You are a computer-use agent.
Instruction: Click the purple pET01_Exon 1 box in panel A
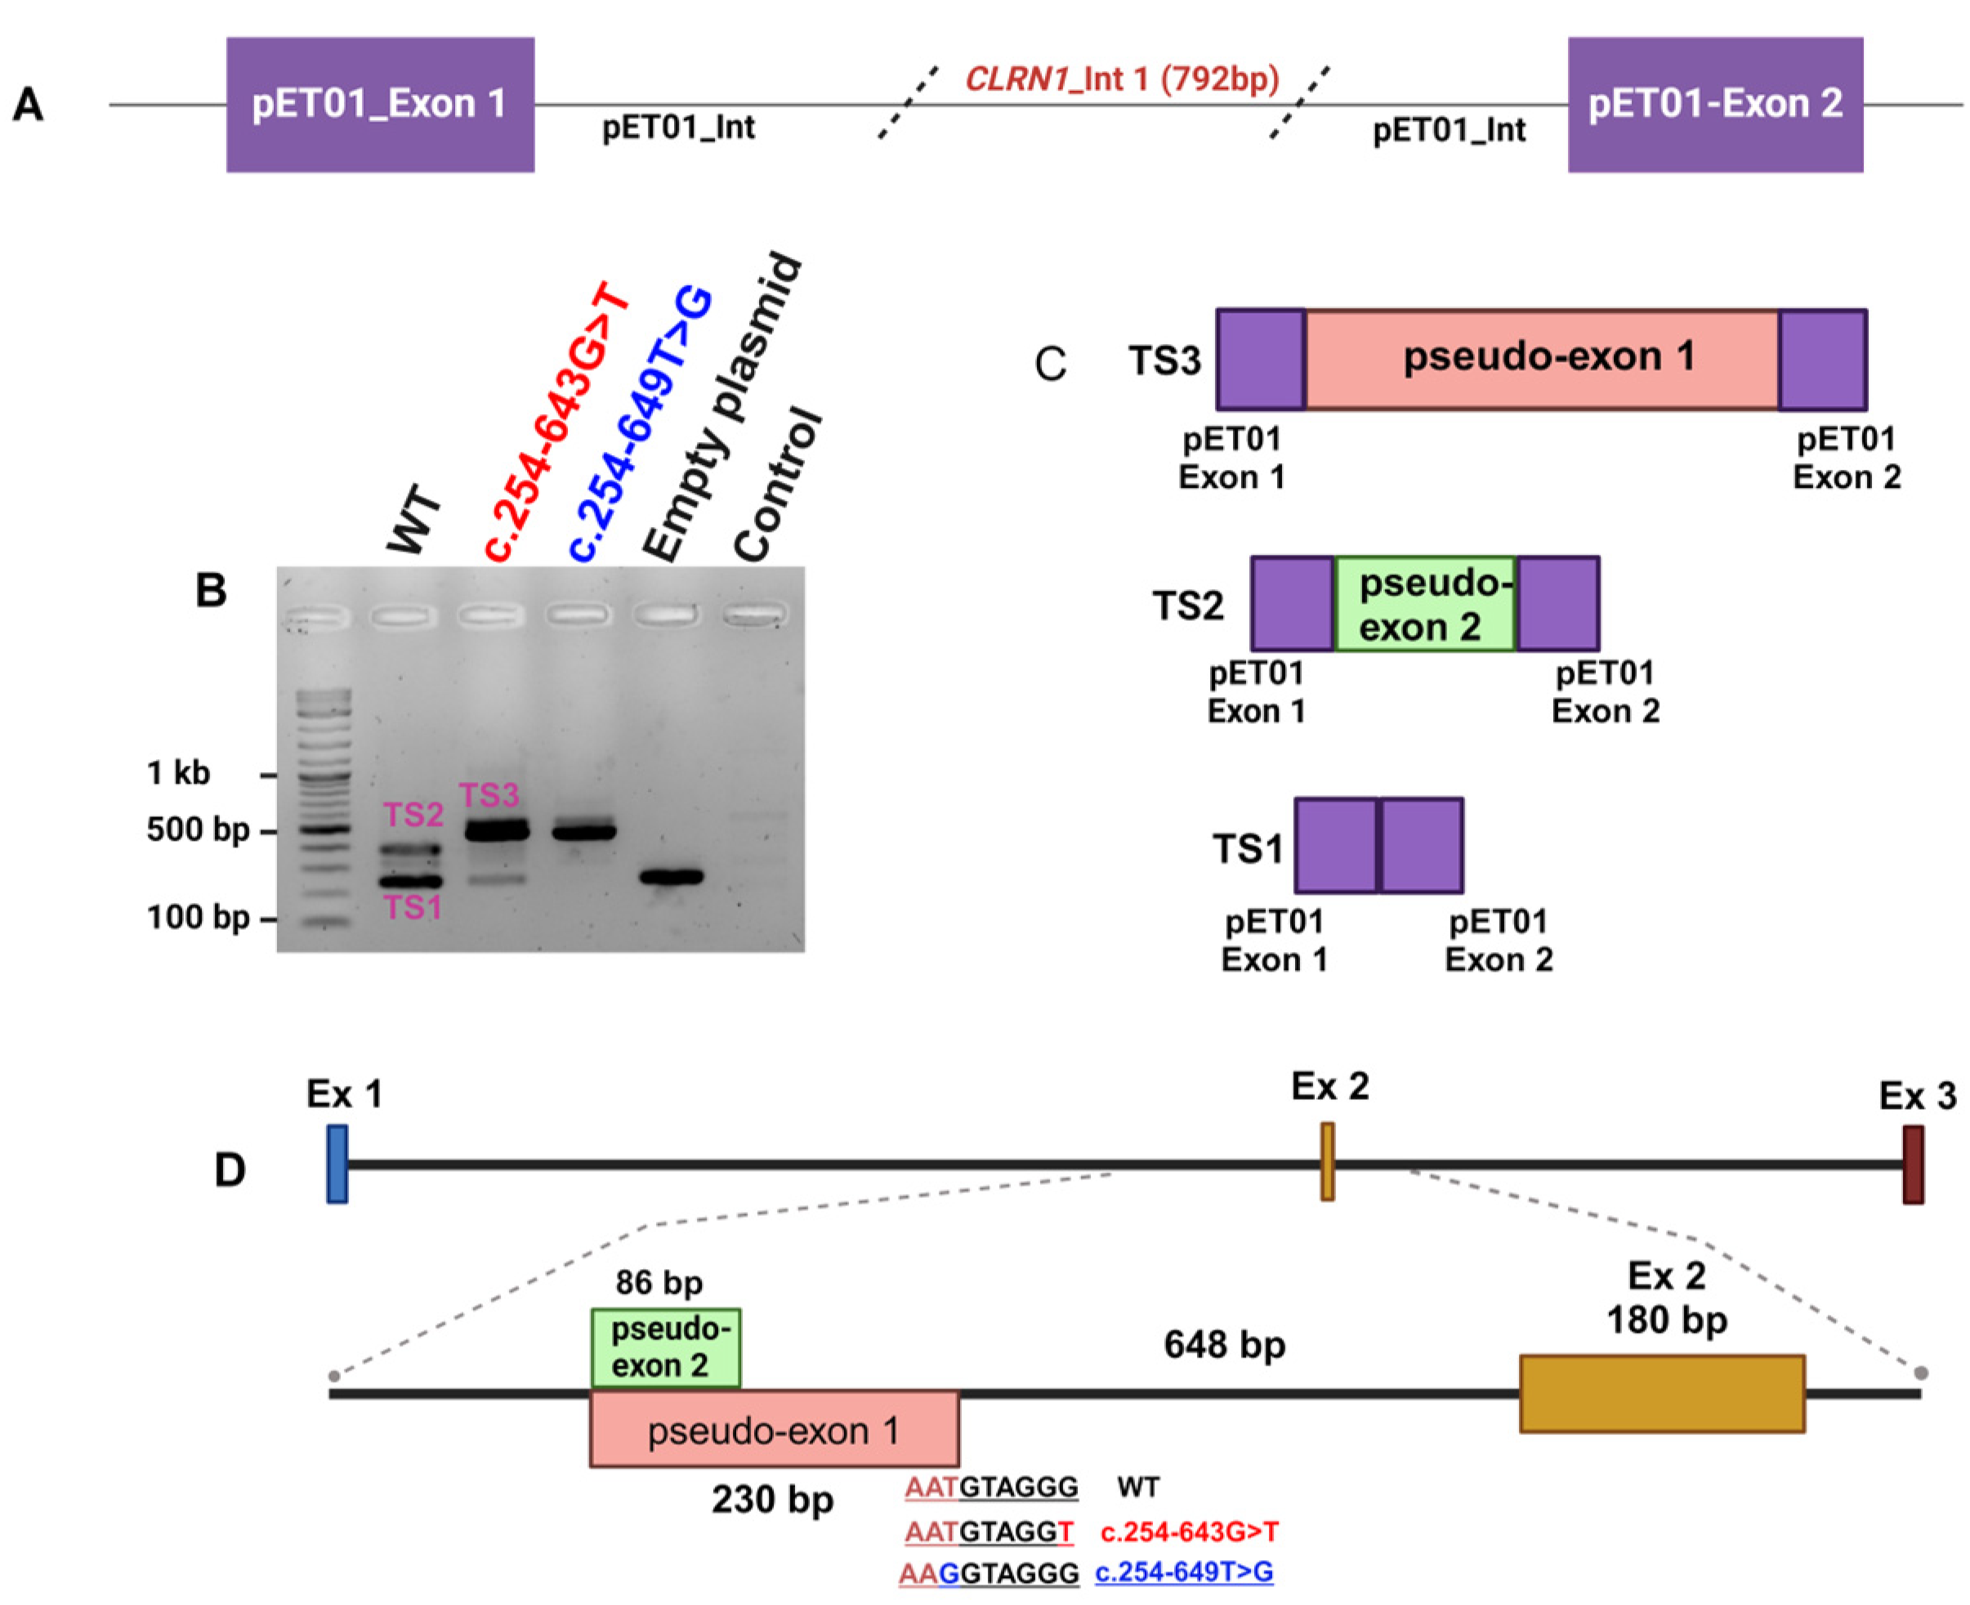380,104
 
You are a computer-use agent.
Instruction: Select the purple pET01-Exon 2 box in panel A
1714,104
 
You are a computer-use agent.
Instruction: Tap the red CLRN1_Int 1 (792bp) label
1121,78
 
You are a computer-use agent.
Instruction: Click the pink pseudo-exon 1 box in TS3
1541,359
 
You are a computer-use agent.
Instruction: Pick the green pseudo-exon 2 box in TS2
1424,604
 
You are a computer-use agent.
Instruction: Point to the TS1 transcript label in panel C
1247,847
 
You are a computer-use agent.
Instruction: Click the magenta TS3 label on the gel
489,794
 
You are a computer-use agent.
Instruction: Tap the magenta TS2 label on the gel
413,815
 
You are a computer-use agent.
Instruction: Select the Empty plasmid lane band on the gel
672,875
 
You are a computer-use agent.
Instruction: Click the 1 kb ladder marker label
178,772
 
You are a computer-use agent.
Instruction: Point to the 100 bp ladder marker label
198,917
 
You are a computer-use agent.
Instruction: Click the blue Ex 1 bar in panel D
337,1163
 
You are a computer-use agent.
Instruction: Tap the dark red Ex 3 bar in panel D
1912,1164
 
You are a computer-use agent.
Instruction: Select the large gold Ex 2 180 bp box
1661,1393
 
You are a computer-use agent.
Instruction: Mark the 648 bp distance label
1224,1344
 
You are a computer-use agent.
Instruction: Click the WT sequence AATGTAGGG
991,1487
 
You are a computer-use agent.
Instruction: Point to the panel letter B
211,590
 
